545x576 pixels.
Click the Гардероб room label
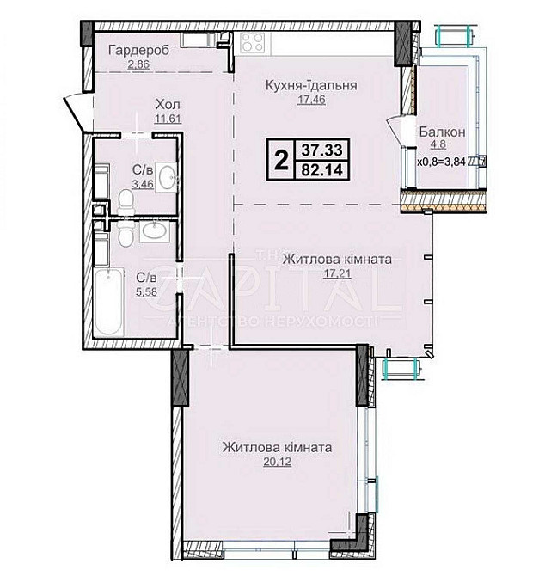point(138,51)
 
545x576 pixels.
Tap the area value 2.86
point(138,64)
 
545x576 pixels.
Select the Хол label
point(168,105)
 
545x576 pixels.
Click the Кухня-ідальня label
point(311,85)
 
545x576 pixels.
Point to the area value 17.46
point(311,99)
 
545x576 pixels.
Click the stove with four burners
point(253,41)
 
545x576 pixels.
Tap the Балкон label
point(443,132)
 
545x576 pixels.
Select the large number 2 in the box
point(281,160)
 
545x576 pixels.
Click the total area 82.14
point(321,169)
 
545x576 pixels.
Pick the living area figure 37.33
point(321,150)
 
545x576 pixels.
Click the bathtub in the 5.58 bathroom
point(108,301)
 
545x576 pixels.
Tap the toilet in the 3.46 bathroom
point(126,202)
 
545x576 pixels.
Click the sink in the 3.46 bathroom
point(167,177)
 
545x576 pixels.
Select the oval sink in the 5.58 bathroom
point(154,230)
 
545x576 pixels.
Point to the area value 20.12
point(278,462)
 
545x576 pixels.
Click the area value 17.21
point(337,273)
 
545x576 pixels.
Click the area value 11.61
point(168,119)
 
